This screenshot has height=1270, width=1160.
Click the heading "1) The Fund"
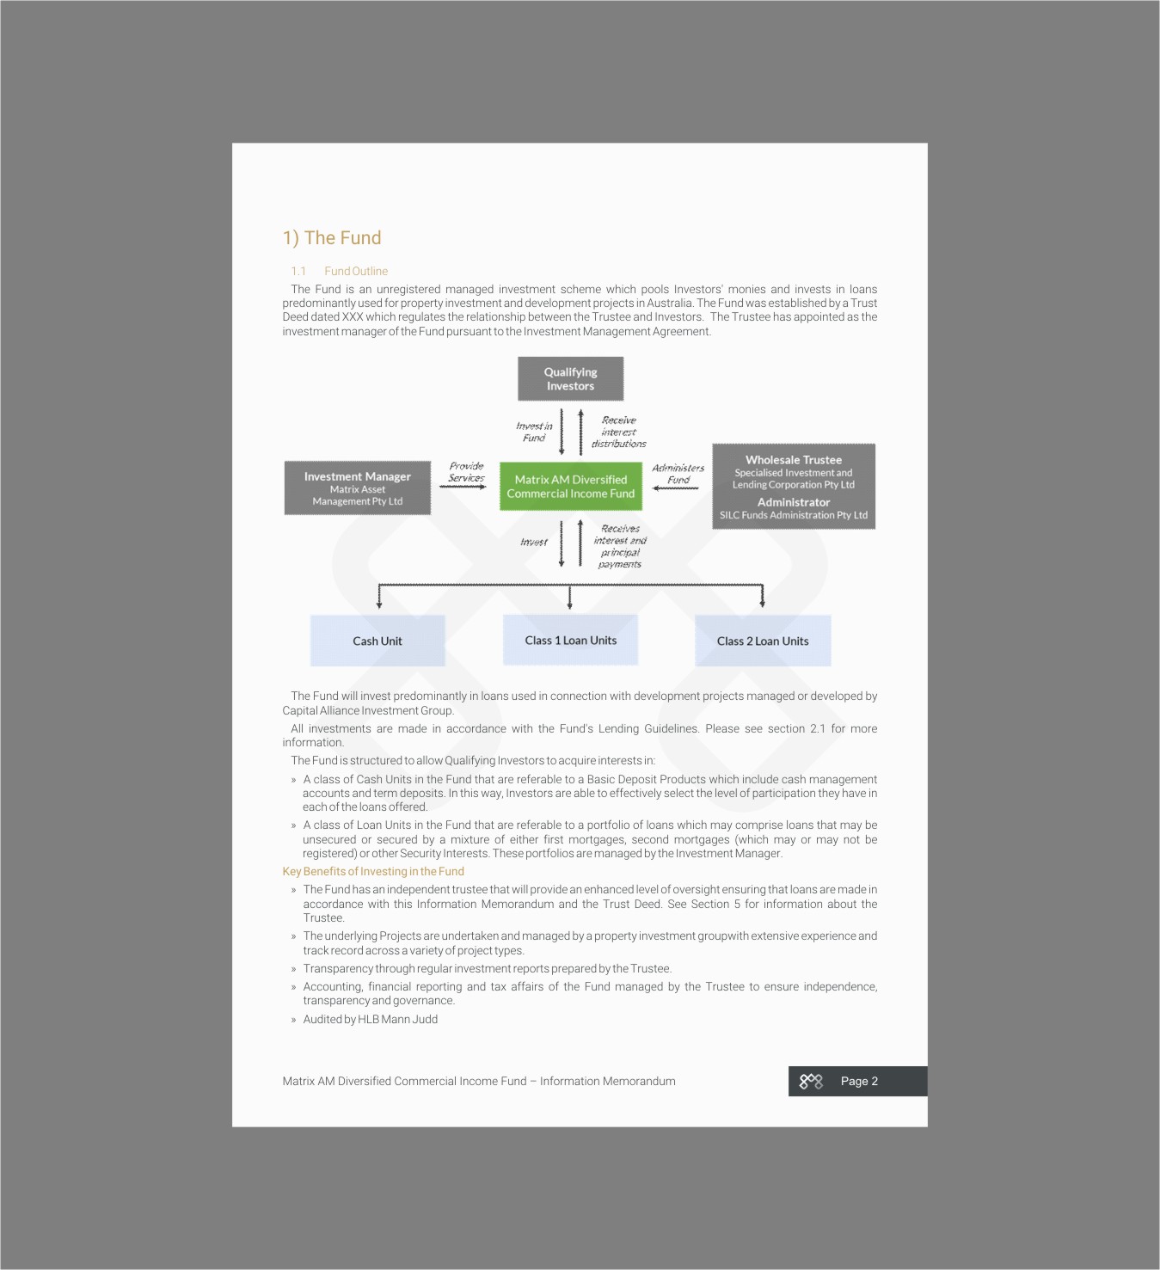[332, 238]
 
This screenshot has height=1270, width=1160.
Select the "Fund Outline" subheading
[356, 271]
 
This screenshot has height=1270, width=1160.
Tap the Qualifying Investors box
[570, 379]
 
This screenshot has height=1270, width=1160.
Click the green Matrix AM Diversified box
[571, 487]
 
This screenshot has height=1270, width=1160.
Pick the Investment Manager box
[357, 488]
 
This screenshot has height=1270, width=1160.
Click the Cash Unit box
[377, 641]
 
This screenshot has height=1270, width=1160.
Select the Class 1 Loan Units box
[570, 640]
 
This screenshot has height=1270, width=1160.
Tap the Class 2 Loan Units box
[763, 641]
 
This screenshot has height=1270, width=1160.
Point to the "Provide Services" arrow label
[466, 472]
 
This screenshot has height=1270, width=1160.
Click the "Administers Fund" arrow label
[678, 474]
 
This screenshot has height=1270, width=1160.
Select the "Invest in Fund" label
[534, 432]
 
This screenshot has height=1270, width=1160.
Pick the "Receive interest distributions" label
[619, 432]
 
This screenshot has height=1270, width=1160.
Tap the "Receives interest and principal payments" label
[620, 546]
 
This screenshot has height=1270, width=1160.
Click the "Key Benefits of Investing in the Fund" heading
[373, 871]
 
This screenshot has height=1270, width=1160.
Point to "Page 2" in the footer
[859, 1081]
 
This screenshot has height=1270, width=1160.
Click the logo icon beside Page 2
[811, 1081]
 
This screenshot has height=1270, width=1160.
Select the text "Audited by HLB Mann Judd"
[370, 1019]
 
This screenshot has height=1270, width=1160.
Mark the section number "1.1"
[298, 271]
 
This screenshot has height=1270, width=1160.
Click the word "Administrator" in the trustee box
[794, 502]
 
